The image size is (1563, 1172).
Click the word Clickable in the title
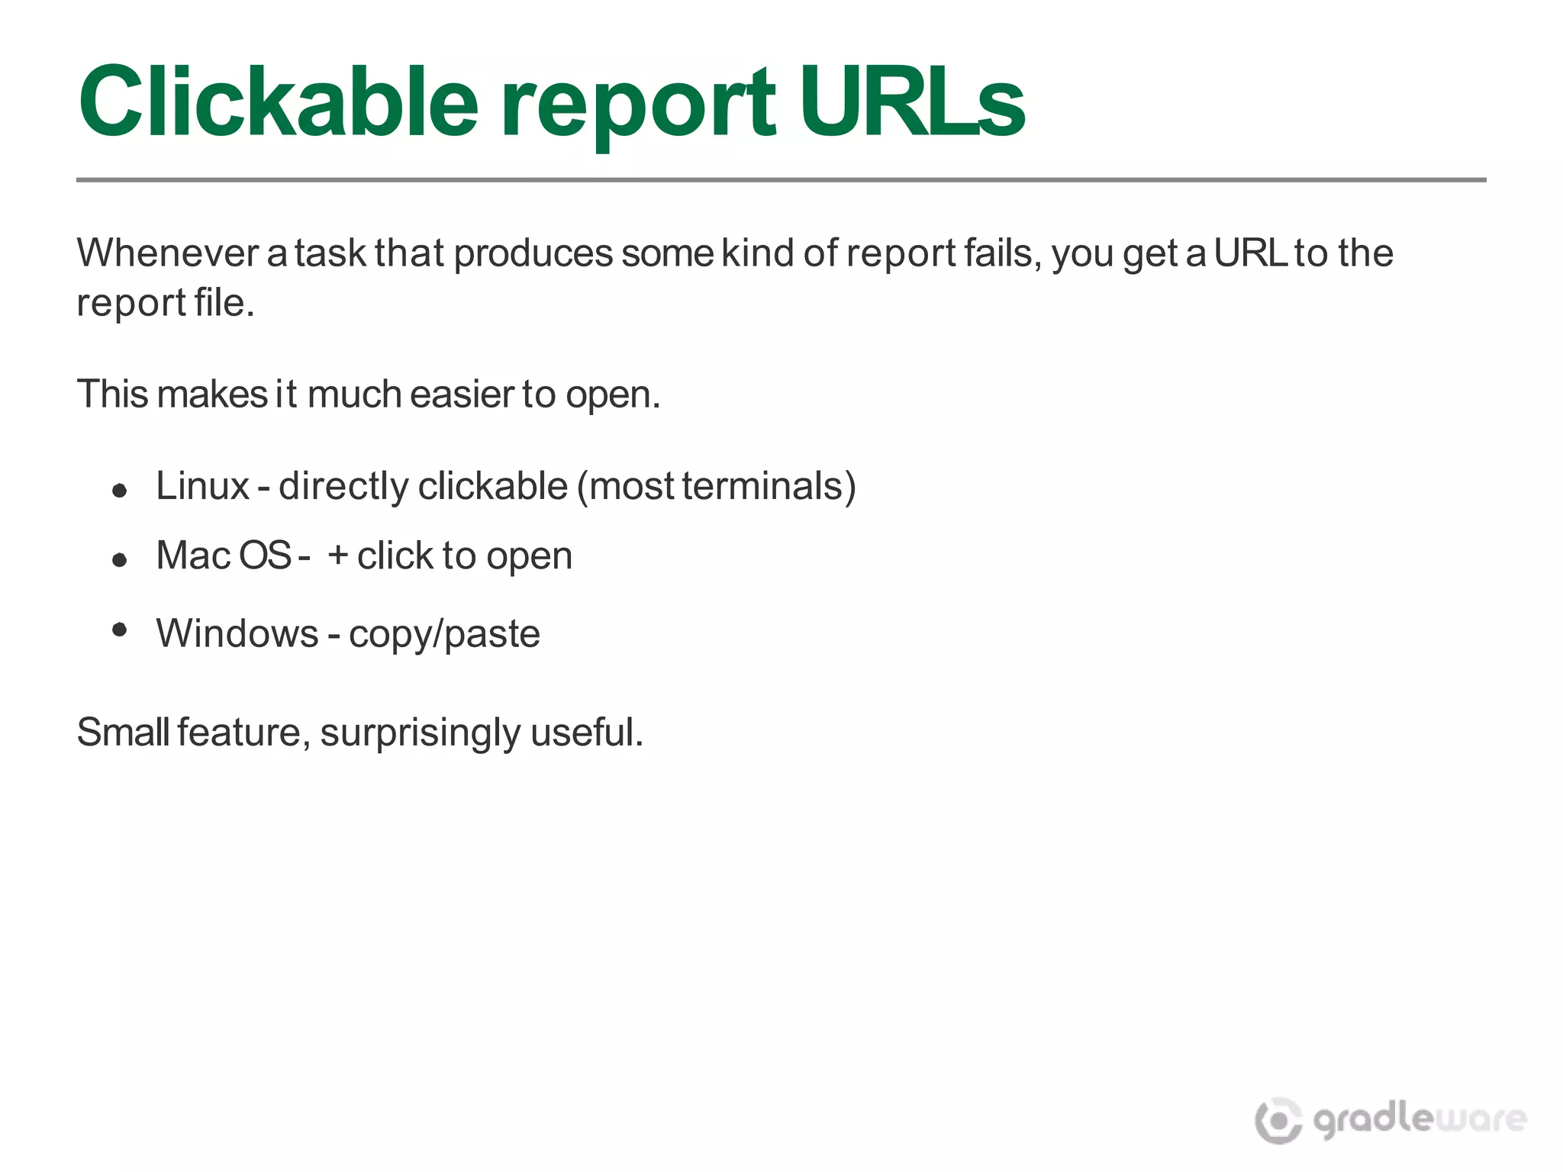click(x=279, y=101)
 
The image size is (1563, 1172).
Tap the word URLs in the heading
click(x=911, y=101)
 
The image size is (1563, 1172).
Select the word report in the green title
click(x=637, y=107)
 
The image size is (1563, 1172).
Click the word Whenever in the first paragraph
click(x=168, y=253)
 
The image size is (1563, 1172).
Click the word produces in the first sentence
click(x=533, y=255)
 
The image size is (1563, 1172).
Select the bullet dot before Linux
click(x=119, y=490)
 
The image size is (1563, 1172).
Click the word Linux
click(x=202, y=486)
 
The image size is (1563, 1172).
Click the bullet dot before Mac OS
click(x=119, y=560)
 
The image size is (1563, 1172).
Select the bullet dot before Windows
click(x=119, y=629)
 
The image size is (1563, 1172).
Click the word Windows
click(x=237, y=633)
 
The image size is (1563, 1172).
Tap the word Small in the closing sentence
click(x=123, y=732)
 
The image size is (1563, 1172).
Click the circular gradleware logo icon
click(x=1278, y=1120)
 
